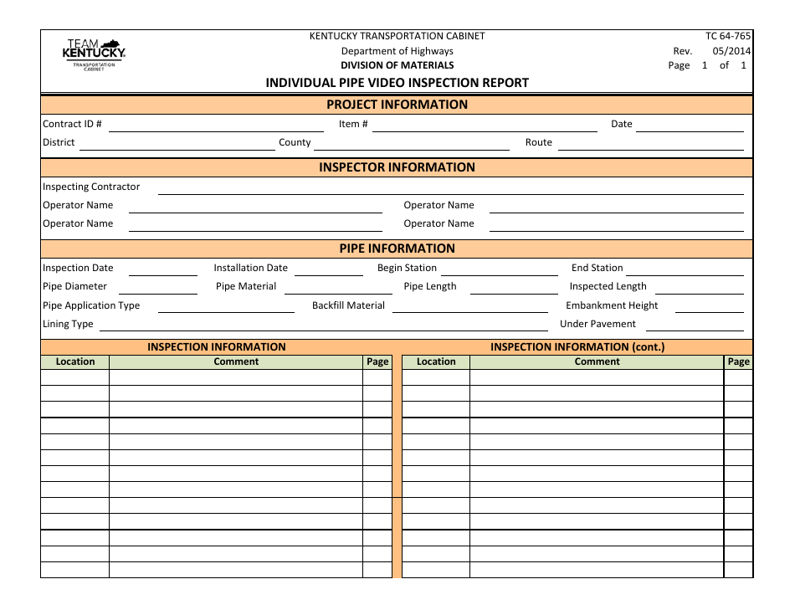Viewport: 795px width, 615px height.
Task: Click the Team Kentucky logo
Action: (94, 54)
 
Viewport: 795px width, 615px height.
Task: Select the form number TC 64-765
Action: (728, 36)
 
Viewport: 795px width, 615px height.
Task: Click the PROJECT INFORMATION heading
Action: (397, 105)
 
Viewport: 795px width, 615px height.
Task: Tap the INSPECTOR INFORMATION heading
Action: (397, 167)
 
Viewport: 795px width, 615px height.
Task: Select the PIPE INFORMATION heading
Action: (397, 249)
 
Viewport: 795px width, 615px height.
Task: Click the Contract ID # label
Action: (72, 124)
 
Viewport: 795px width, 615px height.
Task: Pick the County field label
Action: (295, 142)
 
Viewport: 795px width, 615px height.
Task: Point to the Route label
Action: (538, 142)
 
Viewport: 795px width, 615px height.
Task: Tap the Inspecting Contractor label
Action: (91, 187)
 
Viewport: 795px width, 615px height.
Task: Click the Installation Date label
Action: (250, 268)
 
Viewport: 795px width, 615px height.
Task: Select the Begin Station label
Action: (407, 268)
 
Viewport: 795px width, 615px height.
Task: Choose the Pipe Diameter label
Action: (74, 286)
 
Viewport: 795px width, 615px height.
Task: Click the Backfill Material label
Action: (348, 305)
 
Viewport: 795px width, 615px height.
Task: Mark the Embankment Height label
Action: (612, 305)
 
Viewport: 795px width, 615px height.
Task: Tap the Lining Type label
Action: (68, 324)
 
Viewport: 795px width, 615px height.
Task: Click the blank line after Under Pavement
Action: (694, 327)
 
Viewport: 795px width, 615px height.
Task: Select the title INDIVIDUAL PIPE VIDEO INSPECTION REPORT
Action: (397, 83)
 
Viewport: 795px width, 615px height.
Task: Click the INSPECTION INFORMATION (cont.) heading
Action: (577, 346)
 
